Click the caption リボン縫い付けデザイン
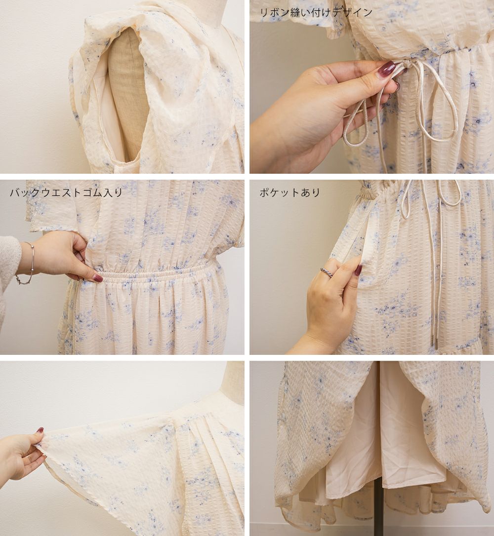[316, 13]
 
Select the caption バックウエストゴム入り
[66, 192]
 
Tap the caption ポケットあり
[290, 193]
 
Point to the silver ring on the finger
[327, 272]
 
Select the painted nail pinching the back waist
[98, 278]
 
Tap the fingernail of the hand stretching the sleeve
[40, 430]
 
